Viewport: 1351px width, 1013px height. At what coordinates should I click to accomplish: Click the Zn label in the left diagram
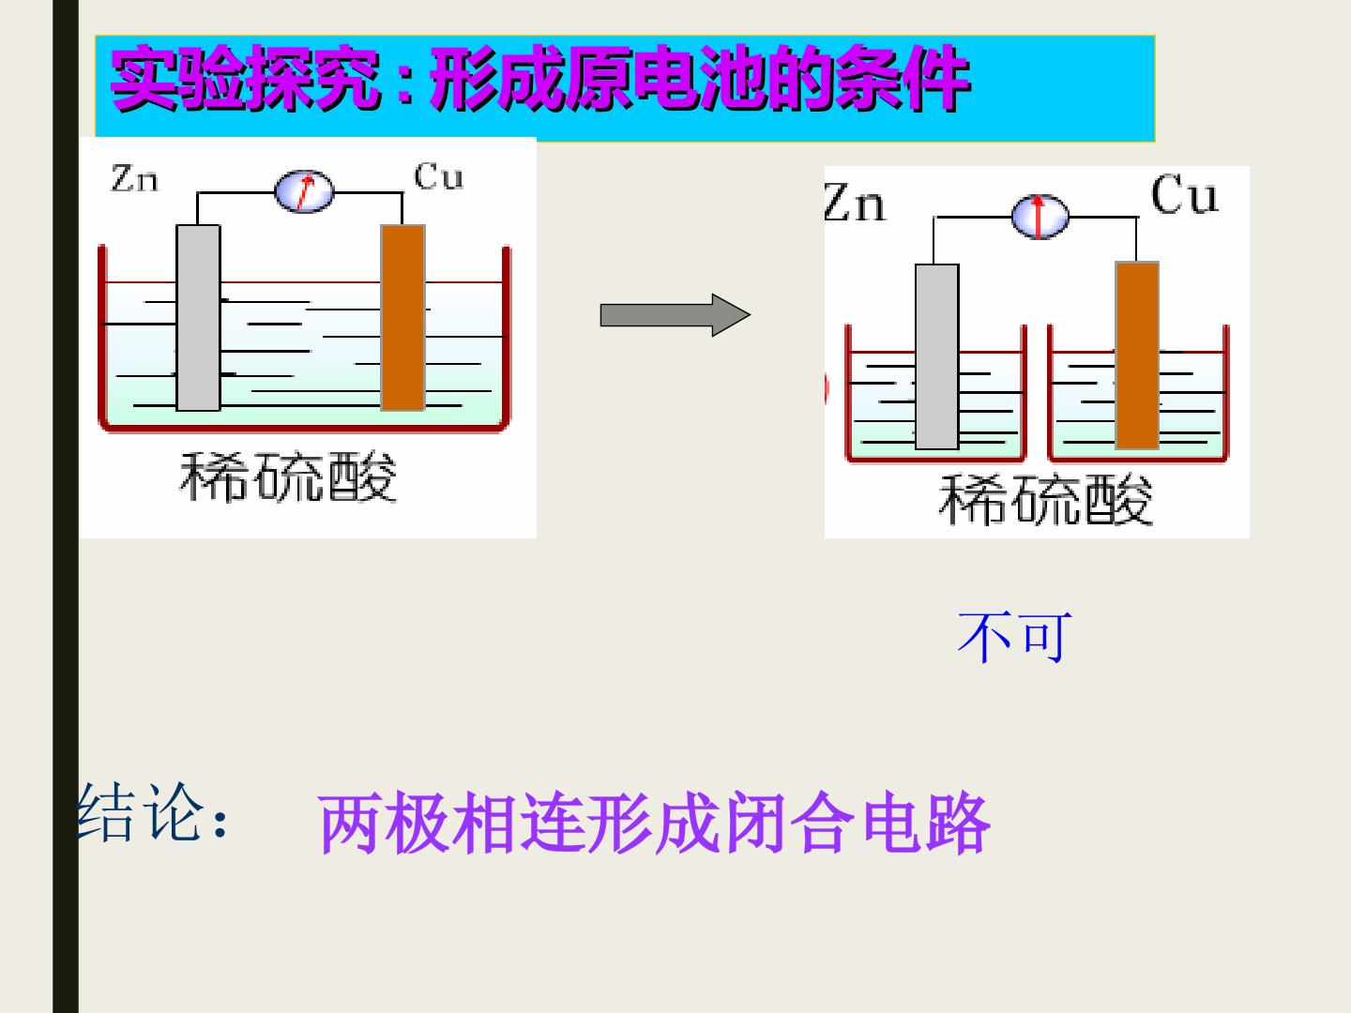click(x=134, y=178)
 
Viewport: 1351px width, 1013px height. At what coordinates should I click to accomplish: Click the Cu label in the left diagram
click(x=438, y=176)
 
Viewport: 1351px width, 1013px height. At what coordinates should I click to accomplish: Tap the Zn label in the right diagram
click(x=855, y=202)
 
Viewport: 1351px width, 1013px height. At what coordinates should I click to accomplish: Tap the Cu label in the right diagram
click(x=1184, y=194)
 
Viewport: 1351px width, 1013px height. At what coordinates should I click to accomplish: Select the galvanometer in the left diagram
click(x=304, y=191)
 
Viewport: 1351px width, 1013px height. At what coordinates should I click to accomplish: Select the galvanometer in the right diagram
click(x=1040, y=217)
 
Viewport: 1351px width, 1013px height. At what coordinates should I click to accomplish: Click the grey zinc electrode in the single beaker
click(x=198, y=317)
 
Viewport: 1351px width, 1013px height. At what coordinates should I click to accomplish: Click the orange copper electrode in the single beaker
click(x=403, y=317)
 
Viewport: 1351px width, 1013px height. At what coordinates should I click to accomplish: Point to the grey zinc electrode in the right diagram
click(x=936, y=356)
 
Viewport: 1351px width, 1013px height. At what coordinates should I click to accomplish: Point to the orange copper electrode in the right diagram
click(x=1137, y=355)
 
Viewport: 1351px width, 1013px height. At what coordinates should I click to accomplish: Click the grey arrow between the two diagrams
click(x=675, y=315)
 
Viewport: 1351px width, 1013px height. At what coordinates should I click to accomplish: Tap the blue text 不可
click(x=1014, y=637)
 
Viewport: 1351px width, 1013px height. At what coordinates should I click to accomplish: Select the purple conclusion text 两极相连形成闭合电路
click(x=654, y=823)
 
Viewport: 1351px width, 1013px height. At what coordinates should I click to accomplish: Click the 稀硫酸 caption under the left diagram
click(x=288, y=476)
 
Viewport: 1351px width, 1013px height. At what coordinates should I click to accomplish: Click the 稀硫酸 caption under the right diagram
click(x=1045, y=499)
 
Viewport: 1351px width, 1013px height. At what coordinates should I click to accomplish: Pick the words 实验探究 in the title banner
click(x=245, y=78)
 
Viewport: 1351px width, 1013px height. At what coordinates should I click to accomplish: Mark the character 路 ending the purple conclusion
click(x=958, y=823)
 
